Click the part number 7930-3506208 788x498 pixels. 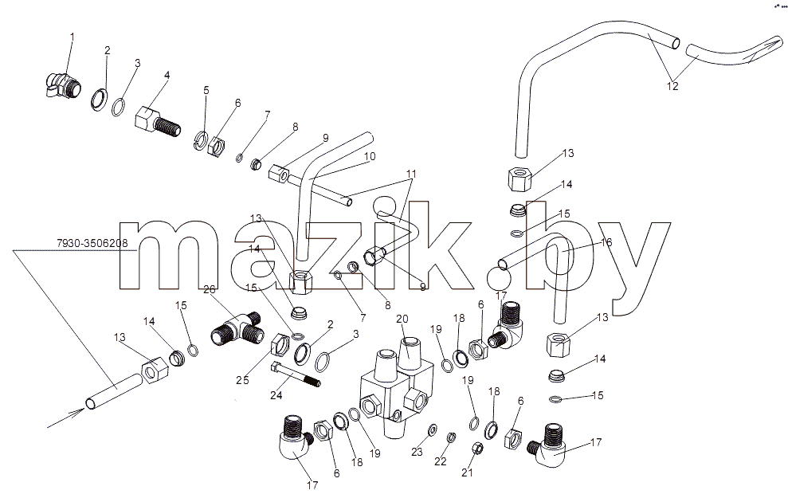pyautogui.click(x=92, y=243)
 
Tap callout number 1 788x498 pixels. pyautogui.click(x=72, y=37)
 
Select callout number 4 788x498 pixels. pyautogui.click(x=167, y=75)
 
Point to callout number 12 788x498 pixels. pyautogui.click(x=672, y=86)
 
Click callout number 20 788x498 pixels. pyautogui.click(x=402, y=319)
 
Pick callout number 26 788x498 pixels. pyautogui.click(x=210, y=289)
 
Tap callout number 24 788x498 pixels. pyautogui.click(x=276, y=395)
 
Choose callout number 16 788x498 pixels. pyautogui.click(x=606, y=243)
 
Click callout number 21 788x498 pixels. pyautogui.click(x=468, y=473)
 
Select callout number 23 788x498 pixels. pyautogui.click(x=418, y=453)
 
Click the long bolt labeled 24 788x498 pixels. pyautogui.click(x=296, y=374)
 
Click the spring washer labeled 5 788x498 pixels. pyautogui.click(x=201, y=139)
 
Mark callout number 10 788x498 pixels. pyautogui.click(x=370, y=156)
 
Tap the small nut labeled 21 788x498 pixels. pyautogui.click(x=478, y=447)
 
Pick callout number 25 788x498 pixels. pyautogui.click(x=243, y=380)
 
